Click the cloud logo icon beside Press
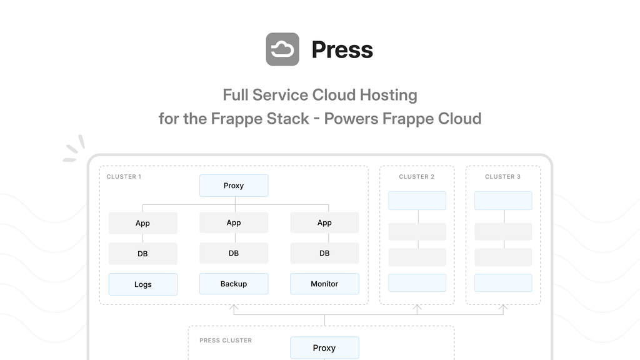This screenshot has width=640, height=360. (x=282, y=49)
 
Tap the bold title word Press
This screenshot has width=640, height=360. (x=342, y=50)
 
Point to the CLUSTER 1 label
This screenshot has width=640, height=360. (x=124, y=177)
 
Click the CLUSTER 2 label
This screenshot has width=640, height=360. (x=417, y=177)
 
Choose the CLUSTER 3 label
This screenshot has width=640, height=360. (x=502, y=177)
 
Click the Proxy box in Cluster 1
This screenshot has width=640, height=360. (x=234, y=186)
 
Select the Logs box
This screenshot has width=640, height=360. (x=143, y=284)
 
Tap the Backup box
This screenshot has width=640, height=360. (x=234, y=284)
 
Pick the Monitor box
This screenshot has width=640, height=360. (x=324, y=284)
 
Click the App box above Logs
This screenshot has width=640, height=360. (x=143, y=223)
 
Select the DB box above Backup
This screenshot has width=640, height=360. (x=234, y=253)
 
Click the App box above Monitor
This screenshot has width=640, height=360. (x=324, y=222)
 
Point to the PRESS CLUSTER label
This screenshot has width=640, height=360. (x=226, y=341)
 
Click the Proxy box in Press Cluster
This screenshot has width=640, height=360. (x=324, y=348)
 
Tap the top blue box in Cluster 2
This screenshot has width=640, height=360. (x=417, y=201)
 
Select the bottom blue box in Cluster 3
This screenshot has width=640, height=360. (x=503, y=282)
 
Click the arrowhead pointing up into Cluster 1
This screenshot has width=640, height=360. (x=234, y=308)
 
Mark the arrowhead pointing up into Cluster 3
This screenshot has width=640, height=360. (x=503, y=308)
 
